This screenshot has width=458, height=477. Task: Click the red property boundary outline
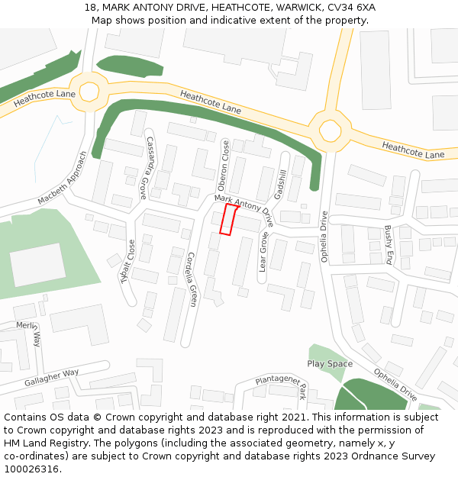[x=228, y=219]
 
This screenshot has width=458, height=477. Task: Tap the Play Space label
[x=330, y=364]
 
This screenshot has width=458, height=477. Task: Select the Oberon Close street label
[x=224, y=166]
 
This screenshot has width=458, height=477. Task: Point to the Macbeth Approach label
[x=63, y=179]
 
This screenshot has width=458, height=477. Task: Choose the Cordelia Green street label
[x=192, y=279]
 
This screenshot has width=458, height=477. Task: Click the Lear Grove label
[x=263, y=253]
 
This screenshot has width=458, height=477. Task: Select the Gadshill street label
[x=280, y=185]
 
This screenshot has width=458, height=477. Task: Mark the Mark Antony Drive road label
[x=244, y=209]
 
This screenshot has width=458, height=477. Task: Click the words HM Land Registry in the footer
[x=44, y=443]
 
